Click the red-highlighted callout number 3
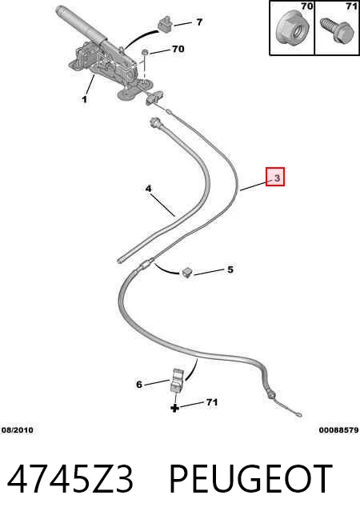point(277,178)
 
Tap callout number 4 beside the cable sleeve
point(149,189)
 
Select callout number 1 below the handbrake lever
point(85,99)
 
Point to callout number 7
point(199,22)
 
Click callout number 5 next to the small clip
point(230,269)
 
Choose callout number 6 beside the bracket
point(139,385)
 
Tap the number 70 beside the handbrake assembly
point(178,49)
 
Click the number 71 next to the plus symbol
point(212,402)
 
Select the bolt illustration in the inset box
point(337,30)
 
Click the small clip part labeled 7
point(166,24)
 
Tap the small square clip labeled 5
point(187,273)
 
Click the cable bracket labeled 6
point(177,381)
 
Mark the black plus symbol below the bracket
point(175,408)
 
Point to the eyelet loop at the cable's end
point(298,415)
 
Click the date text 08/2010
point(18,430)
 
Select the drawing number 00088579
point(338,430)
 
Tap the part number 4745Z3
point(70,479)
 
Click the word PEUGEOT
point(251,479)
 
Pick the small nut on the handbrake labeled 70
point(145,52)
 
